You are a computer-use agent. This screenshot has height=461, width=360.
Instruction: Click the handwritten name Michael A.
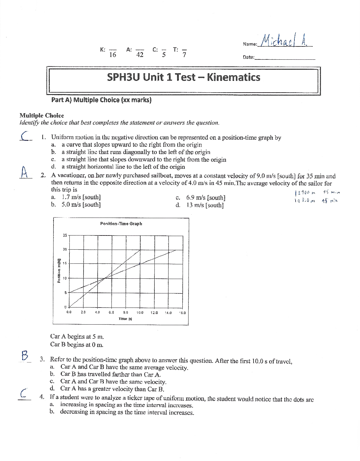(x=284, y=40)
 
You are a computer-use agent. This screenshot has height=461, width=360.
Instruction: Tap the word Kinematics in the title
(x=234, y=77)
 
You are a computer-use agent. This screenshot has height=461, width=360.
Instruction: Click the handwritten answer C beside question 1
(x=26, y=136)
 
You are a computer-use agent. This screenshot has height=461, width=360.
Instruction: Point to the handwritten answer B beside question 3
(x=25, y=356)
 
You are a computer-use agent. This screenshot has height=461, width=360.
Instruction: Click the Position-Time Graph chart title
(x=121, y=224)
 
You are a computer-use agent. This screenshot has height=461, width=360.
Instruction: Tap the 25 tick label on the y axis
(x=65, y=235)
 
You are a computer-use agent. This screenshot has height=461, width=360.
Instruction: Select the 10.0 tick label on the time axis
(x=140, y=313)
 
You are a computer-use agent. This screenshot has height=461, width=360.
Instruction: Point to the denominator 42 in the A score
(x=140, y=55)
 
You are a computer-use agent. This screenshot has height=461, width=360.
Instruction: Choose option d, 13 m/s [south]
(x=205, y=205)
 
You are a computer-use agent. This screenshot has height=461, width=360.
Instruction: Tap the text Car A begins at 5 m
(x=77, y=336)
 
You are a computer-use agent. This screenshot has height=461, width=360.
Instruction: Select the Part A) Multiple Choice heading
(x=101, y=100)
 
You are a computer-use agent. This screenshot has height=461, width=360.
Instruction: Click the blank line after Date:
(x=285, y=58)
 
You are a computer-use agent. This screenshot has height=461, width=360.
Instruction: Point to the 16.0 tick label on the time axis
(x=182, y=313)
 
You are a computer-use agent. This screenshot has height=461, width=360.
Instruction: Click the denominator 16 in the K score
(x=112, y=55)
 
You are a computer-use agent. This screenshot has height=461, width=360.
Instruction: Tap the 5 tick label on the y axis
(x=66, y=293)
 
